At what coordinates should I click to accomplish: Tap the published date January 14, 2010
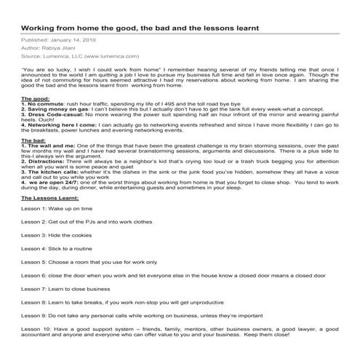coord(71,41)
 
